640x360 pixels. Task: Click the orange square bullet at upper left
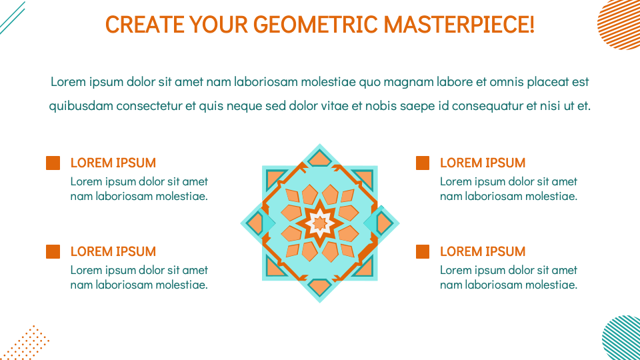pos(53,163)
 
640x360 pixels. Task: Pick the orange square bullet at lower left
pos(53,251)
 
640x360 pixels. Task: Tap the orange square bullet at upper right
pos(423,163)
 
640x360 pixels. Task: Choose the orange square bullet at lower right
pos(423,251)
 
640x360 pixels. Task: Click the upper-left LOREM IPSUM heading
pos(113,163)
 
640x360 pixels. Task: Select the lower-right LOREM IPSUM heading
pos(483,251)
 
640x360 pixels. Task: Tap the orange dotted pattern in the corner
pos(27,344)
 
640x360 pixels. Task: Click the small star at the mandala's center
pos(320,223)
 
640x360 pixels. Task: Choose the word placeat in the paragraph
pos(549,82)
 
